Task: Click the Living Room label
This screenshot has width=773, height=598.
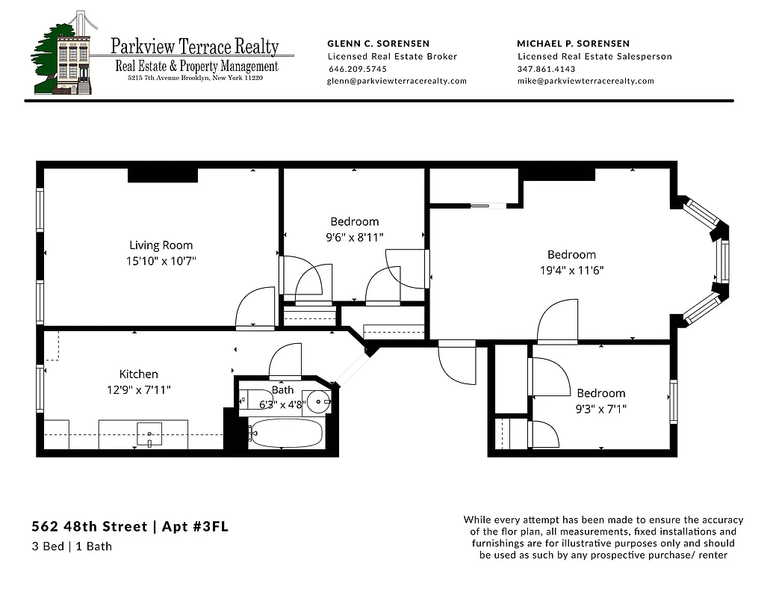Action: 161,245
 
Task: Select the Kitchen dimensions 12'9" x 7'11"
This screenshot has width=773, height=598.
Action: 139,390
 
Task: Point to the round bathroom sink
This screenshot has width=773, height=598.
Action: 320,401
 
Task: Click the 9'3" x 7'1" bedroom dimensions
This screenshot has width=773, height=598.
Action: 600,409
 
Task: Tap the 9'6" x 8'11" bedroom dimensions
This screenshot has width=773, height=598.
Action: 354,238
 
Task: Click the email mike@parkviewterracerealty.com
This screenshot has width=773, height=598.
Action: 585,81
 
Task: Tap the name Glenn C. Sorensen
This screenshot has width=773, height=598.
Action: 379,43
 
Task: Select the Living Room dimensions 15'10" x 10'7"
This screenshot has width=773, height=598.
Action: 161,261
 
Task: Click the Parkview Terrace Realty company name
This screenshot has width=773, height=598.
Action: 194,46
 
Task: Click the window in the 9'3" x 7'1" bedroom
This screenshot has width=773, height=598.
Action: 673,401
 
